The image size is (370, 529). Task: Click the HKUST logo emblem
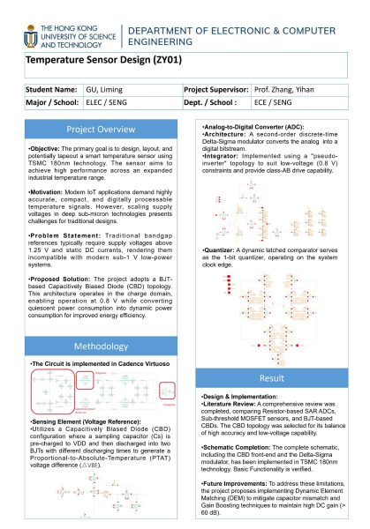coord(26,36)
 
